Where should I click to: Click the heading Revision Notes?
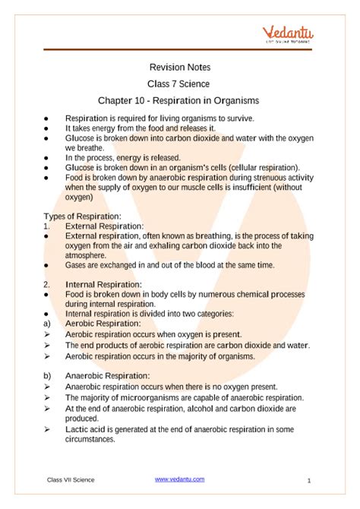click(180, 67)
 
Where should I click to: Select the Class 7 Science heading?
click(180, 83)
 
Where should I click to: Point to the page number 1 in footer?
click(310, 481)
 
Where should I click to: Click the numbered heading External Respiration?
click(104, 226)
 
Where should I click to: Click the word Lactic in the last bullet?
click(77, 428)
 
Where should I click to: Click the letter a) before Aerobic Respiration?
click(48, 324)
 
